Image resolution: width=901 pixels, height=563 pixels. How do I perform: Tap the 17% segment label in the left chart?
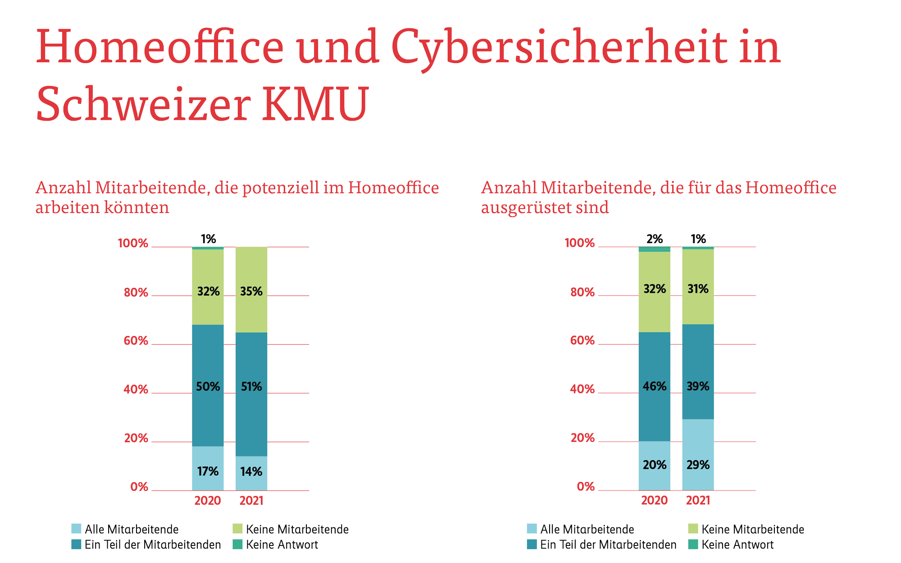pos(208,472)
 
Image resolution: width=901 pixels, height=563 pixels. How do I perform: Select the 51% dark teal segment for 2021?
pos(251,387)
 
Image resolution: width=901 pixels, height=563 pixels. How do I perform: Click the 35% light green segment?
pos(251,291)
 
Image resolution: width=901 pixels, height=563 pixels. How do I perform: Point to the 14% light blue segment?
pos(251,472)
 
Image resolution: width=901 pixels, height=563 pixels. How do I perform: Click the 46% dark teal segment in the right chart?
pos(654,386)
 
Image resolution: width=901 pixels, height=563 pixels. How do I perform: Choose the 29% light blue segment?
pos(698,465)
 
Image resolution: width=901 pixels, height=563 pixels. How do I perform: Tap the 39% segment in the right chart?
pos(698,386)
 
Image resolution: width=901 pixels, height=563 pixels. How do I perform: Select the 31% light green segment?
pos(698,289)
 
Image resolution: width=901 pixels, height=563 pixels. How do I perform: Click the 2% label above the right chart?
pos(655,239)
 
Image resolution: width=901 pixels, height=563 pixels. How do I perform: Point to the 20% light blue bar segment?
pos(654,465)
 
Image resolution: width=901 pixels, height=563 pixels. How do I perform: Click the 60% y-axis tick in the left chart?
pos(136,341)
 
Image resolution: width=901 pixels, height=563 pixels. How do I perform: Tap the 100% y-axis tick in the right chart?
pos(580,243)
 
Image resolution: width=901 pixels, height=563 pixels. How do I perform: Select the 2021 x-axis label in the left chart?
pos(251,501)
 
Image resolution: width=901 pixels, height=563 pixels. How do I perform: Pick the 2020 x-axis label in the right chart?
pos(654,500)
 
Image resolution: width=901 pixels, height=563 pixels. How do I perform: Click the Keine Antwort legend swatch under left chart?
pos(238,545)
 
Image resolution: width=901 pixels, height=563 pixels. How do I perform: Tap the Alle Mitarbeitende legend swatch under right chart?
pos(532,529)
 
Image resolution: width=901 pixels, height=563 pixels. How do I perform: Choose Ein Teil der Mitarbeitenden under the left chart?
pos(153,545)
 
